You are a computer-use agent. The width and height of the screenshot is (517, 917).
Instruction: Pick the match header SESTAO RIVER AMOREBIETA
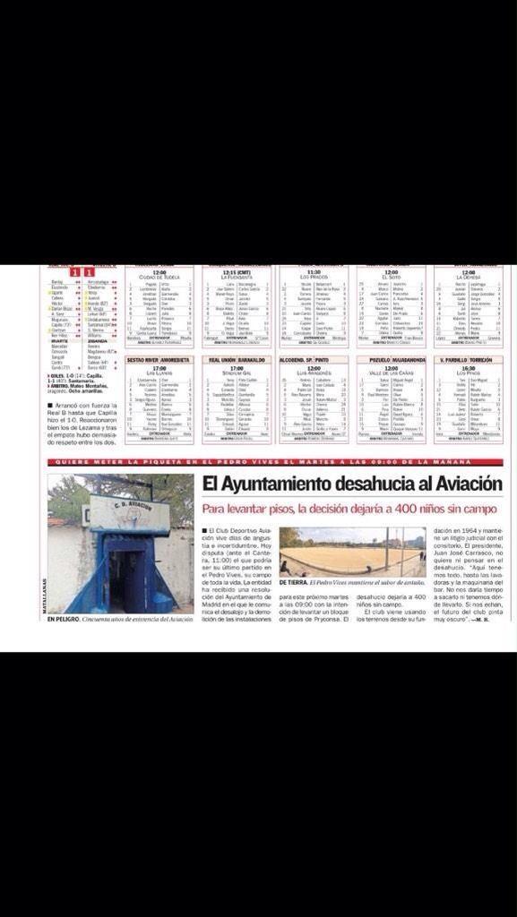159,359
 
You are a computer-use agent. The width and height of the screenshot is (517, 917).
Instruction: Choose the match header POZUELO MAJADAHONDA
391,359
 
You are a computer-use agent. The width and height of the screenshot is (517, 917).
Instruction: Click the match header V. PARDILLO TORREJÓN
468,359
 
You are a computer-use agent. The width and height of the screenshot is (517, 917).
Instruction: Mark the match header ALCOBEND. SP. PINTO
313,359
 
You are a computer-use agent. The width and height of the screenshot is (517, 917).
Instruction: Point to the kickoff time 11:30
313,272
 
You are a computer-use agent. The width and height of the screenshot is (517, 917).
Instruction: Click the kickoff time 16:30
468,367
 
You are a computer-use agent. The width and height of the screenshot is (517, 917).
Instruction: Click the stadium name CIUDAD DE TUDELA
159,277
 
